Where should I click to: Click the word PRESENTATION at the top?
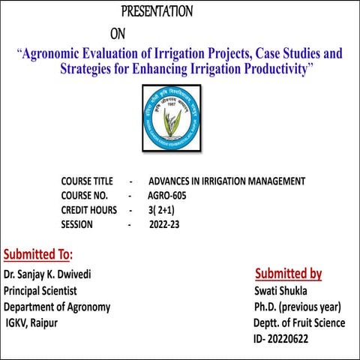tap(157, 12)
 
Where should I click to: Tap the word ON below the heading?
tap(118, 34)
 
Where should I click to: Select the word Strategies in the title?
tap(91, 70)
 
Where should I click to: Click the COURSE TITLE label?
tap(87, 181)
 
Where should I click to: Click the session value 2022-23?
tap(165, 224)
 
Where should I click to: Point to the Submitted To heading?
tap(38, 253)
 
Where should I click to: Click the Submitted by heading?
tap(288, 273)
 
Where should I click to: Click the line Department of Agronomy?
tap(57, 307)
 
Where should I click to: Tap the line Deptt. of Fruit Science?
tap(299, 323)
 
